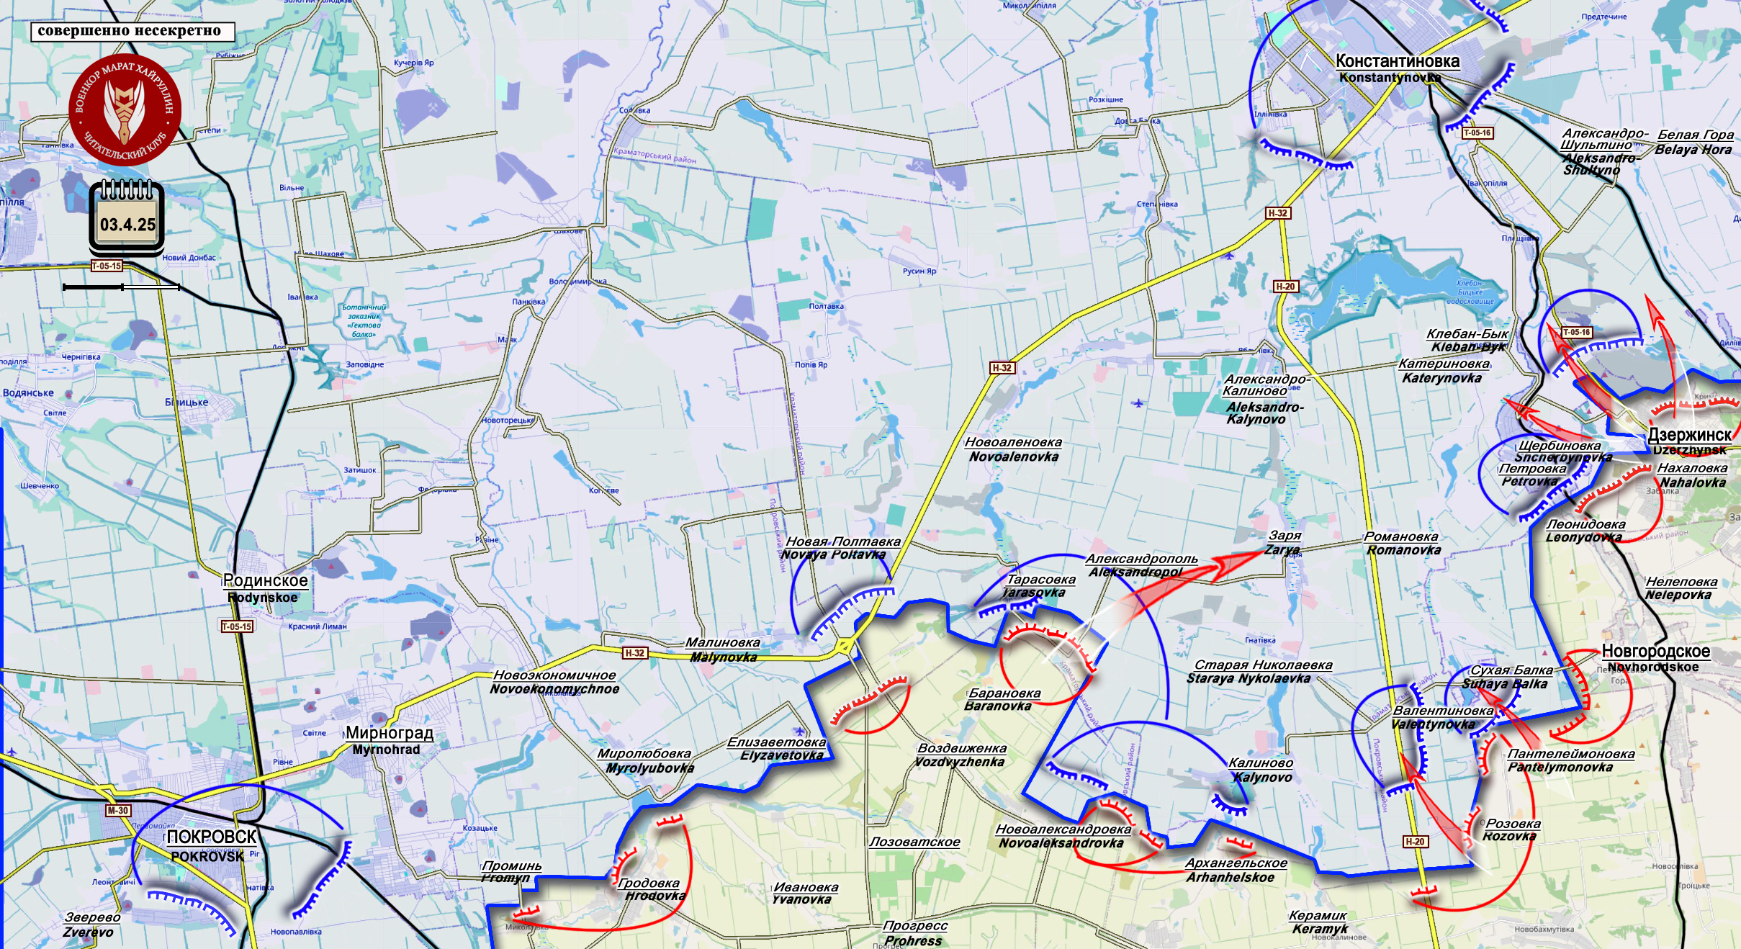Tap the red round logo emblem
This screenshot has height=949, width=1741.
coord(125,109)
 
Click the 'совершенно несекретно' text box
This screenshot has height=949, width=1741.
coord(132,31)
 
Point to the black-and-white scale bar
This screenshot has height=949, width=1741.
coord(121,287)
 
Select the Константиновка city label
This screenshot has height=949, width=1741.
coord(1397,62)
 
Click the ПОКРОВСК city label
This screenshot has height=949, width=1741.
coord(211,837)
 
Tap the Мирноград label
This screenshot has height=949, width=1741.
coord(390,733)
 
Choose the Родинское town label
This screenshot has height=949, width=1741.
coord(265,581)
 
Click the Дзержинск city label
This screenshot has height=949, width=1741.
coord(1689,435)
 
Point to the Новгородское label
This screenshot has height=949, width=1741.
coord(1655,652)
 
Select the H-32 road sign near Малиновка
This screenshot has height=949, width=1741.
coord(634,653)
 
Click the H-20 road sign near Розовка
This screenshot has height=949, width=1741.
coord(1414,842)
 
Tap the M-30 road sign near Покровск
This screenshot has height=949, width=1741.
coord(117,811)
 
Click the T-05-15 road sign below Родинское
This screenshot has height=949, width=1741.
coord(237,626)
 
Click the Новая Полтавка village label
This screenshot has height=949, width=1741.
coord(842,541)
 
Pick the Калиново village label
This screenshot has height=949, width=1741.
coord(1260,763)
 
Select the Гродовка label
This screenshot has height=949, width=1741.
coord(649,883)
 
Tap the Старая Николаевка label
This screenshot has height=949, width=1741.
coord(1263,665)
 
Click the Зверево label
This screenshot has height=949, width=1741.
coord(92,917)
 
